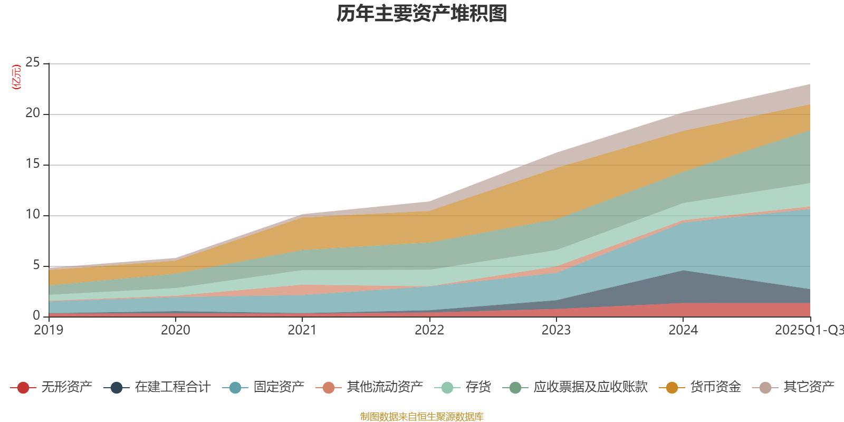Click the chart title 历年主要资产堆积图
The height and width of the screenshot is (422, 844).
tap(422, 14)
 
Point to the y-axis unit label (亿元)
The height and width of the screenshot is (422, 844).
tap(16, 77)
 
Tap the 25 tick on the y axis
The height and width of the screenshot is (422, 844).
tap(33, 63)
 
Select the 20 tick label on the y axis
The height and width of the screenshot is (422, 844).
tap(33, 113)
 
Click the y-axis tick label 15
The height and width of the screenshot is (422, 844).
tap(33, 164)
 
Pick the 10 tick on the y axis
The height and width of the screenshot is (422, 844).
tap(33, 215)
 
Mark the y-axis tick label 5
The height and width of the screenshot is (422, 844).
tap(36, 265)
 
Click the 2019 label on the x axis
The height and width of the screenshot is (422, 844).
tap(49, 330)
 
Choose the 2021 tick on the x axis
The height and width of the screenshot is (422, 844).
tap(302, 330)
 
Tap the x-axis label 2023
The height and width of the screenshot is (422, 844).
tap(556, 330)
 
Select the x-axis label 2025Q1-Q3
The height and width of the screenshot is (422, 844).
tap(808, 330)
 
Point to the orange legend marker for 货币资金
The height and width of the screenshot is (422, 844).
tap(672, 388)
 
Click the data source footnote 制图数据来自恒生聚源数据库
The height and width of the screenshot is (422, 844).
tap(422, 417)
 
